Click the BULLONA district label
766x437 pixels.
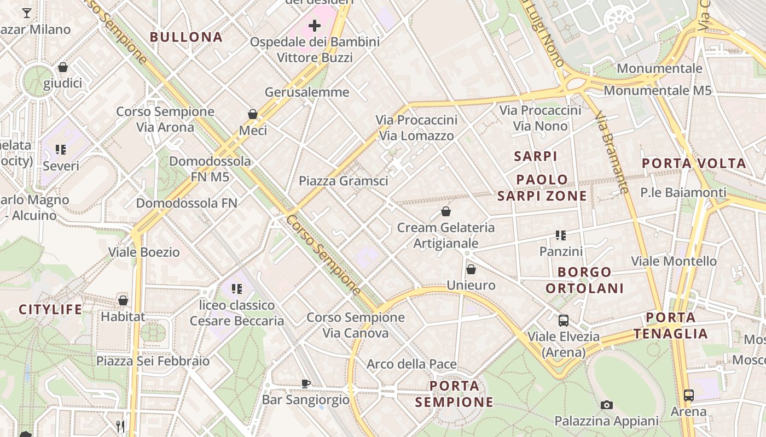[186, 37]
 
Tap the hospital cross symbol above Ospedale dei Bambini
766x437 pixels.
[315, 25]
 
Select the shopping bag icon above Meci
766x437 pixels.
[253, 114]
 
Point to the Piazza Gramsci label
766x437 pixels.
[343, 181]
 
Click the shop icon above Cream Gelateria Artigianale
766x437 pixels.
[446, 211]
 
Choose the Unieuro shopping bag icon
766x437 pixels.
[471, 269]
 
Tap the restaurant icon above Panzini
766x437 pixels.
[560, 235]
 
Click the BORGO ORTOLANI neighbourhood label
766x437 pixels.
[584, 280]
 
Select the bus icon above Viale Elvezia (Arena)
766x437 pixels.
[564, 321]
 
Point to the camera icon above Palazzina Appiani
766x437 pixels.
[606, 405]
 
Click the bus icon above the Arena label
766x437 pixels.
[688, 395]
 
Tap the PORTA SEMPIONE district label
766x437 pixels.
[454, 394]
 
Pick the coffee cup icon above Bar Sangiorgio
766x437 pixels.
[306, 383]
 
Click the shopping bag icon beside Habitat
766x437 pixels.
[123, 300]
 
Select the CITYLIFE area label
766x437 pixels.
[50, 310]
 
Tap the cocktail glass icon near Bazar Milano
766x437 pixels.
[27, 13]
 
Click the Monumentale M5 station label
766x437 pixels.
[658, 90]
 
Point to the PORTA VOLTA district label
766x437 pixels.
[694, 163]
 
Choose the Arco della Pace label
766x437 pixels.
[411, 364]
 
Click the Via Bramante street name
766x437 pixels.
[612, 153]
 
